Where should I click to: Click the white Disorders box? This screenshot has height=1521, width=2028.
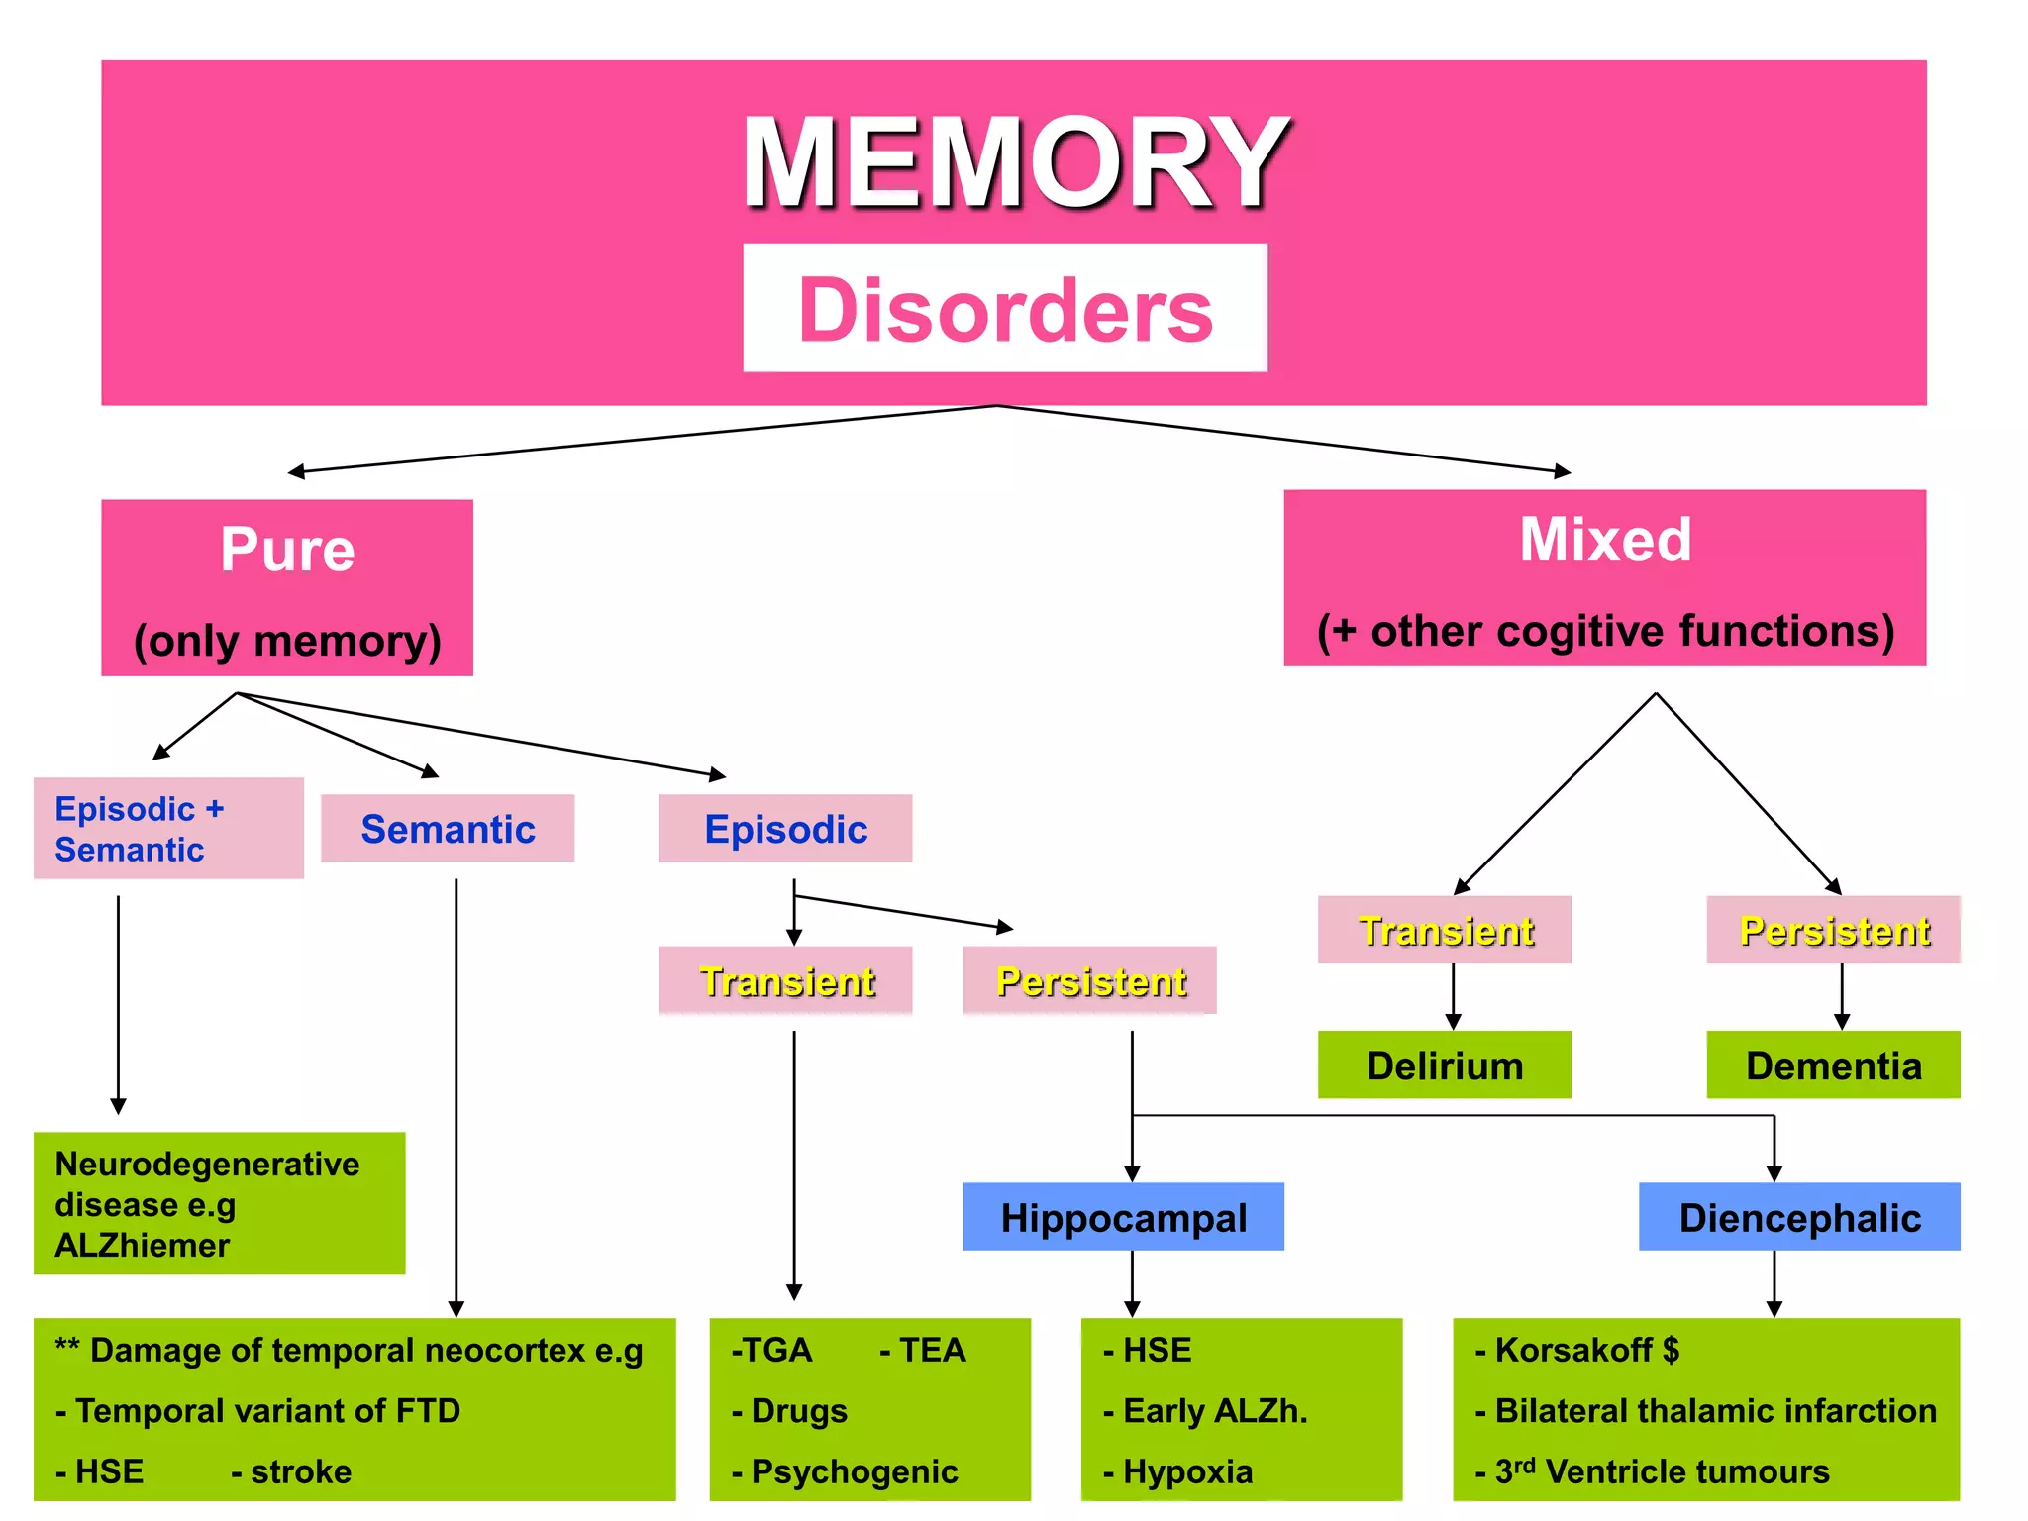tap(1005, 308)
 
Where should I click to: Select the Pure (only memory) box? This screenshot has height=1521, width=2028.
tap(287, 587)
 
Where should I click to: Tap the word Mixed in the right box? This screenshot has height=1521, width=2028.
tap(1605, 540)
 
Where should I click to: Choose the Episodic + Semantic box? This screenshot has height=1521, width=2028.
tap(168, 828)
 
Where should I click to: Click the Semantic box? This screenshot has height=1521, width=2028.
tap(448, 829)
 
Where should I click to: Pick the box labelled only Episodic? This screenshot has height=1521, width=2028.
tap(785, 829)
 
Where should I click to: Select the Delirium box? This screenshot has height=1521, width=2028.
tap(1444, 1065)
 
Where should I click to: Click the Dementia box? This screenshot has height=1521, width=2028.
tap(1833, 1065)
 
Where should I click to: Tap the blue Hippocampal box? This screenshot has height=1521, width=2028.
tap(1123, 1217)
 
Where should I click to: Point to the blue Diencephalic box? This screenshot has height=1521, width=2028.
tap(1799, 1217)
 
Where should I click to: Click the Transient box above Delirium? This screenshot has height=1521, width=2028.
tap(1445, 930)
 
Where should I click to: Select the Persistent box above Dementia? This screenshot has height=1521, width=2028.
tap(1833, 930)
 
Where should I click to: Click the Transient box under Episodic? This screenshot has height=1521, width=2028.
tap(785, 980)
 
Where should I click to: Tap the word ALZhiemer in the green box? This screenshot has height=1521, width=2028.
tap(143, 1245)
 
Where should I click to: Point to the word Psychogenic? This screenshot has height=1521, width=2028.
tap(855, 1471)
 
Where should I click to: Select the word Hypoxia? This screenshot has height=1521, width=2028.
tap(1187, 1471)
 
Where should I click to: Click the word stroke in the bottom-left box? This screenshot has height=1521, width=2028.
tap(301, 1471)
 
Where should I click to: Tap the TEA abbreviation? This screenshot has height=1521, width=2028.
tap(931, 1350)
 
